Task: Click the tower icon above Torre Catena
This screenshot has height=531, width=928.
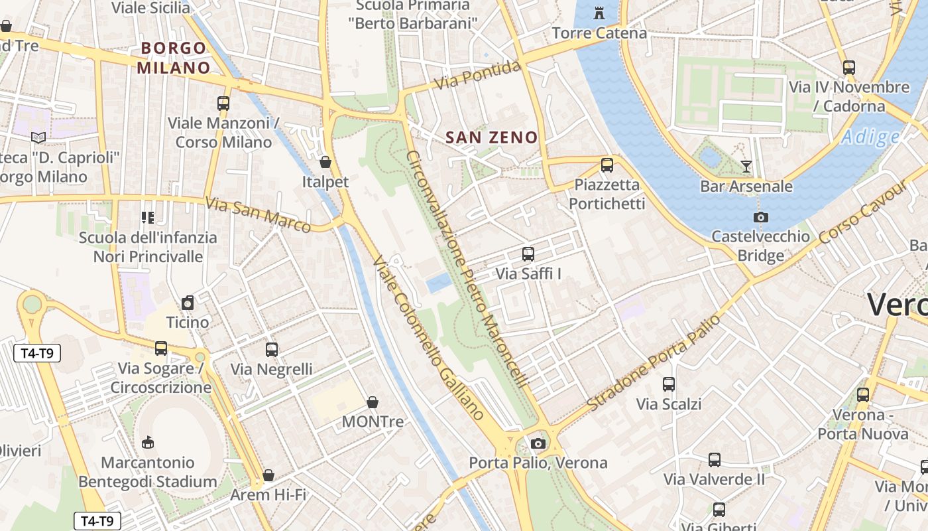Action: tap(600, 13)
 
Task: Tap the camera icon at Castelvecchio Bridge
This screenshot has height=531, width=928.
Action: tap(761, 217)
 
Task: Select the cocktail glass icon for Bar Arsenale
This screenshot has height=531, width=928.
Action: tap(746, 167)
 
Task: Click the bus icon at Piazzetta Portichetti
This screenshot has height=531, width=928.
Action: tap(607, 165)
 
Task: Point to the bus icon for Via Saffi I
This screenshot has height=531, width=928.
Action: tap(528, 254)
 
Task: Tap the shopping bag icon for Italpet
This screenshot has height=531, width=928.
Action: tap(325, 162)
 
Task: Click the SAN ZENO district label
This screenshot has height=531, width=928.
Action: tap(491, 137)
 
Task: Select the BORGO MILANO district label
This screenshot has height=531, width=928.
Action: tap(174, 58)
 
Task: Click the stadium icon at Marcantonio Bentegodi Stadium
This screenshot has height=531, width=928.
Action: tap(148, 443)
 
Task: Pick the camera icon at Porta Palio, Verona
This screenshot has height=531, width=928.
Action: tap(538, 443)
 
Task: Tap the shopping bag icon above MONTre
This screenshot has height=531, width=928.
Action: tap(373, 402)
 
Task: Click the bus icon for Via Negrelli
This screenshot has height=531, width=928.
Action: tap(271, 350)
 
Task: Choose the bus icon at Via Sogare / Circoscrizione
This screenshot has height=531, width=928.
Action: tap(160, 348)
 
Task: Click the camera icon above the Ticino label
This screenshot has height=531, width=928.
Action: tap(188, 303)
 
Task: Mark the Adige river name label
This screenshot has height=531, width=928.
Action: tap(871, 137)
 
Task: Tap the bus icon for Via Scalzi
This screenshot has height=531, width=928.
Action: tap(669, 384)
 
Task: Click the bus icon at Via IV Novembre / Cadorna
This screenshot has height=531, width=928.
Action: tap(848, 68)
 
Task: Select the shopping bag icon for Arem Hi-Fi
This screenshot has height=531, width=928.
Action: tap(268, 475)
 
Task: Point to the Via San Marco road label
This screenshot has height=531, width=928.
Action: tap(258, 214)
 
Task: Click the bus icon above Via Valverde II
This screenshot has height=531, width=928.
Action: tap(714, 460)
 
